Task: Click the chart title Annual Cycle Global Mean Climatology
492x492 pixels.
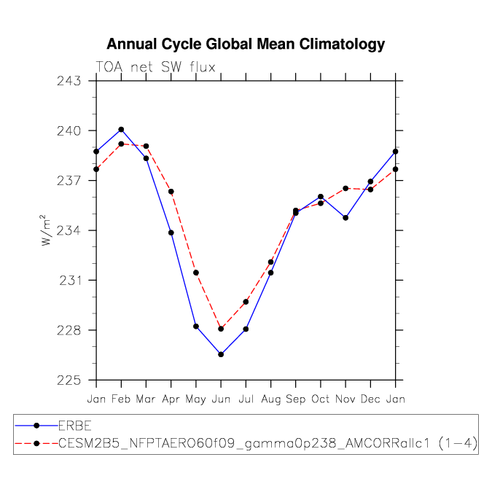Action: [x=246, y=44]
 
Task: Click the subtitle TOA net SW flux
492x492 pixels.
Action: [x=155, y=68]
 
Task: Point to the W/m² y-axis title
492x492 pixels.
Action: [x=46, y=230]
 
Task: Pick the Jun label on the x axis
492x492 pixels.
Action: [x=221, y=399]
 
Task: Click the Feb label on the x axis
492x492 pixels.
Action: [x=121, y=399]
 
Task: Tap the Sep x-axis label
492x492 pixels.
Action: [x=296, y=399]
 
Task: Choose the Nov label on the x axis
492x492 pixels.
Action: [x=345, y=399]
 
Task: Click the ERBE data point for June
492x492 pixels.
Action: [x=221, y=354]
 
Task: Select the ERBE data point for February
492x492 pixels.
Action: [x=121, y=130]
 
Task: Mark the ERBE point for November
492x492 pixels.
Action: [x=345, y=218]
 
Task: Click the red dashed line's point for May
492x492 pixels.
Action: [x=196, y=273]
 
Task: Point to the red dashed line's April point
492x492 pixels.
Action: [x=171, y=192]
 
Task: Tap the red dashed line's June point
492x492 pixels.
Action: [x=221, y=329]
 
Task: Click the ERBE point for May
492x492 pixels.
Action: [x=196, y=326]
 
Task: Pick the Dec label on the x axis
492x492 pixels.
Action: [x=370, y=399]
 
